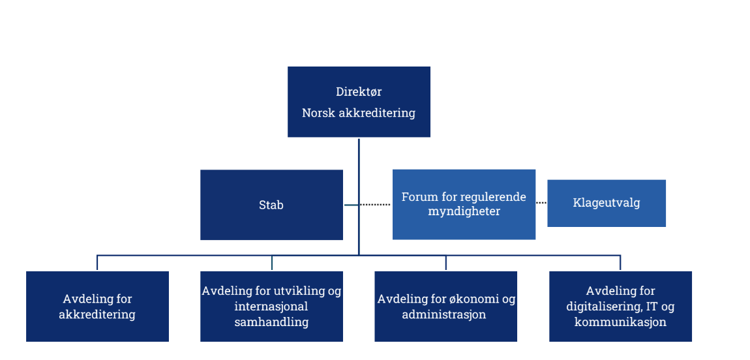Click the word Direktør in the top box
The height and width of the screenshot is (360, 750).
(359, 92)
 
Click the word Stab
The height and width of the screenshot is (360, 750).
(271, 205)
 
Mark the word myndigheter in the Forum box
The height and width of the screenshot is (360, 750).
(464, 211)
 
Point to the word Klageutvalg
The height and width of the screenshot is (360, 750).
(607, 203)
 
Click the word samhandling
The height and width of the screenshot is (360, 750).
(271, 322)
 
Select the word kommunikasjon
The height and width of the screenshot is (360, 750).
(620, 322)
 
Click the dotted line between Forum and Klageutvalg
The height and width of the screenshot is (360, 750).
(541, 203)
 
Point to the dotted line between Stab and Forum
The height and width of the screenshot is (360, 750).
(375, 205)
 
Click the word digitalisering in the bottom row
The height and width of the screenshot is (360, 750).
(601, 307)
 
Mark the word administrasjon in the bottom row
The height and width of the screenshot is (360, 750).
(444, 314)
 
